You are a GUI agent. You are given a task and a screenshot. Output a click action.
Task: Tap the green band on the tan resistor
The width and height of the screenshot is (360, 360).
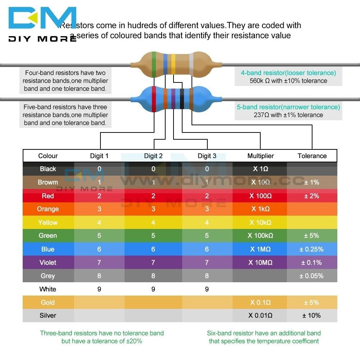point(154,65)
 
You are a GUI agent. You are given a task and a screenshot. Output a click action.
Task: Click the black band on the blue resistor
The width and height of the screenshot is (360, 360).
point(182,98)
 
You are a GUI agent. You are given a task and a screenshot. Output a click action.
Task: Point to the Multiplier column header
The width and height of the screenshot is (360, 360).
point(260,156)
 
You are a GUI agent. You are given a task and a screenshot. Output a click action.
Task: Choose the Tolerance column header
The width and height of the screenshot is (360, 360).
point(312,156)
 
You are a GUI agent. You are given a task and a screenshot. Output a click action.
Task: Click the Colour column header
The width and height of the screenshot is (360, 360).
point(48,156)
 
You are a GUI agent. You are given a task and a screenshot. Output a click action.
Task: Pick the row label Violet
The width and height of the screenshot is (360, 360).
point(48,262)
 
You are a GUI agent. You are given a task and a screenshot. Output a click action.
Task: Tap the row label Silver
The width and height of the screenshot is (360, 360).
point(48,315)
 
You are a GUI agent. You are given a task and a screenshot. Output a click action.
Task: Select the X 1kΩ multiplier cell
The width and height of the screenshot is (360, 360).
point(260,209)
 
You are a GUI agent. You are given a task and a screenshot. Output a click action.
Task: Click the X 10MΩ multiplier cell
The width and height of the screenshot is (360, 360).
point(260,262)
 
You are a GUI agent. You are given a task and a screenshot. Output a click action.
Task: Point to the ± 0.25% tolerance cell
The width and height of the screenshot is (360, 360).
point(311,249)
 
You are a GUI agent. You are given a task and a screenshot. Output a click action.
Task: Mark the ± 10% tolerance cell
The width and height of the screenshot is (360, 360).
point(311,315)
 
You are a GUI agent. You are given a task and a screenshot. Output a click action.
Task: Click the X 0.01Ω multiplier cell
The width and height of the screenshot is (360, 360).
point(260,315)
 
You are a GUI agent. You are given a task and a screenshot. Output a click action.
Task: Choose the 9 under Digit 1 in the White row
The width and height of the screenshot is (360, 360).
point(99,289)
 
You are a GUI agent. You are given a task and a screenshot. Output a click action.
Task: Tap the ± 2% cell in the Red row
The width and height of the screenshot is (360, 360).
point(311,196)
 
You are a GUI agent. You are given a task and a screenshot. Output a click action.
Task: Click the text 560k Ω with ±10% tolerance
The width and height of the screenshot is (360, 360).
point(288,81)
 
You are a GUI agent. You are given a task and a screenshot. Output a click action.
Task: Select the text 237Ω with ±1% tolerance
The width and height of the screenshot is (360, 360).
point(288,115)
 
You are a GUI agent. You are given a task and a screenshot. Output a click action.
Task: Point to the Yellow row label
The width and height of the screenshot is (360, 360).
point(48,222)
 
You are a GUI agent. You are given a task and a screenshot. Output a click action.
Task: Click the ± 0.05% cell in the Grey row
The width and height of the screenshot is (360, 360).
point(311,276)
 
